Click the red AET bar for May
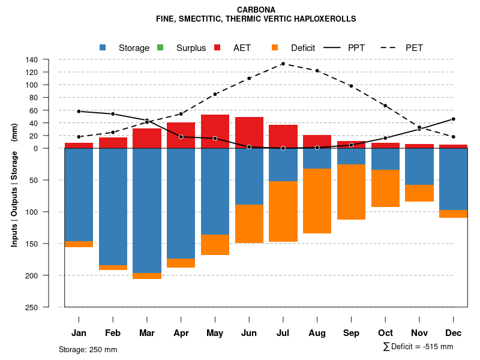pos(215,131)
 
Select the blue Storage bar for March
pos(147,211)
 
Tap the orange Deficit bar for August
pos(317,201)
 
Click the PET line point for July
pos(283,64)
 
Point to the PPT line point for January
pos(79,112)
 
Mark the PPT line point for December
pos(454,119)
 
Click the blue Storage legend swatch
pos(103,47)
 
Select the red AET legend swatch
pos(217,47)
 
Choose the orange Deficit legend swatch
pos(275,47)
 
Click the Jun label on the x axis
pos(249,333)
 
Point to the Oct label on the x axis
pos(385,333)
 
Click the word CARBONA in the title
pos(256,10)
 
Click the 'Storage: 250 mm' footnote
pos(88,349)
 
